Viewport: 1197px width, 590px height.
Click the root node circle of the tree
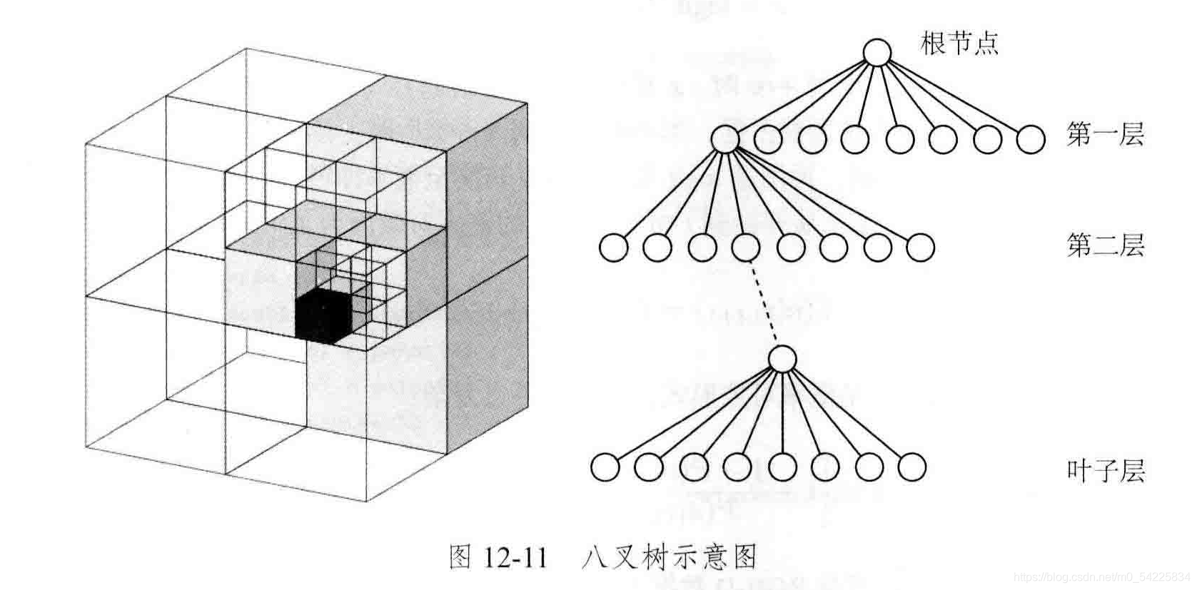pos(877,53)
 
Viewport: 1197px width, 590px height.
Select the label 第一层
pos(1105,134)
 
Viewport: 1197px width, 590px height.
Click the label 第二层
pos(1105,246)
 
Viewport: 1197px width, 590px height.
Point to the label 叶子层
pos(1105,471)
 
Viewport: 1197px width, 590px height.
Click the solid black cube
pos(323,315)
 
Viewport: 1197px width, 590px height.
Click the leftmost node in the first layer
pos(725,139)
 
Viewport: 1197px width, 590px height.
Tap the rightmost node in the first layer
pos(1030,140)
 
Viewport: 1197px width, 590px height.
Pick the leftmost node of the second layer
pos(613,248)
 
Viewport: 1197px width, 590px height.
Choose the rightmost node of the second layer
pos(920,248)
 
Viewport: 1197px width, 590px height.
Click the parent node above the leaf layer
pos(783,359)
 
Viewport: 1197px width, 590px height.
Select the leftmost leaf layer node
pos(605,468)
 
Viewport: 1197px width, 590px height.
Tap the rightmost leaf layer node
pos(911,468)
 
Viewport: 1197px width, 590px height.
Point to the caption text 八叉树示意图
pos(669,557)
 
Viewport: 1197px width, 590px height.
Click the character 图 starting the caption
pos(460,557)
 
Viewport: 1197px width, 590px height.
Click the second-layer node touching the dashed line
pos(745,248)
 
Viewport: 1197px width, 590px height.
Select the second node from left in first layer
pos(768,140)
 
